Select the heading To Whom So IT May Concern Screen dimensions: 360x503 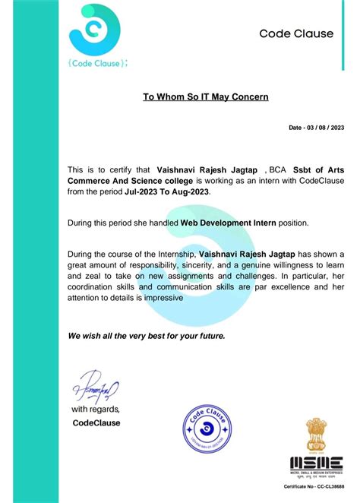[x=206, y=97]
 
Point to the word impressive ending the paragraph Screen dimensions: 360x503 [x=160, y=299]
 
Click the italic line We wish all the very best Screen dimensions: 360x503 [x=146, y=335]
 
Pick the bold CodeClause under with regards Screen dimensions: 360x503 [x=96, y=422]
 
